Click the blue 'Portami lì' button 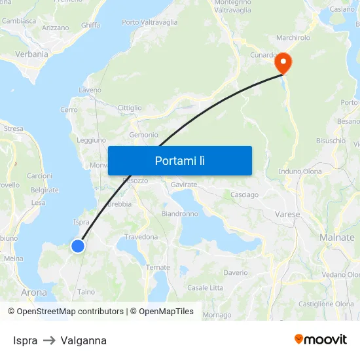point(179,160)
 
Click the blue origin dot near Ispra point(78,245)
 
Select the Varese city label point(287,214)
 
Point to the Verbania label point(31,54)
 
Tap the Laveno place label point(90,90)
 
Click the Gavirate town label point(184,185)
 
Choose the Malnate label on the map point(337,237)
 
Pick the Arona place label point(34,292)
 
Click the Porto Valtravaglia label point(150,22)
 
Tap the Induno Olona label point(300,171)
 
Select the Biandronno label point(180,213)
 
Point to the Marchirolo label point(293,37)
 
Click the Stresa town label point(13,129)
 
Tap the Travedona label point(141,236)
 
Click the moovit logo point(321,339)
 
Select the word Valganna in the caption point(83,340)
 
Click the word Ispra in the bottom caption point(25,340)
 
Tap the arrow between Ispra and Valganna point(49,340)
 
